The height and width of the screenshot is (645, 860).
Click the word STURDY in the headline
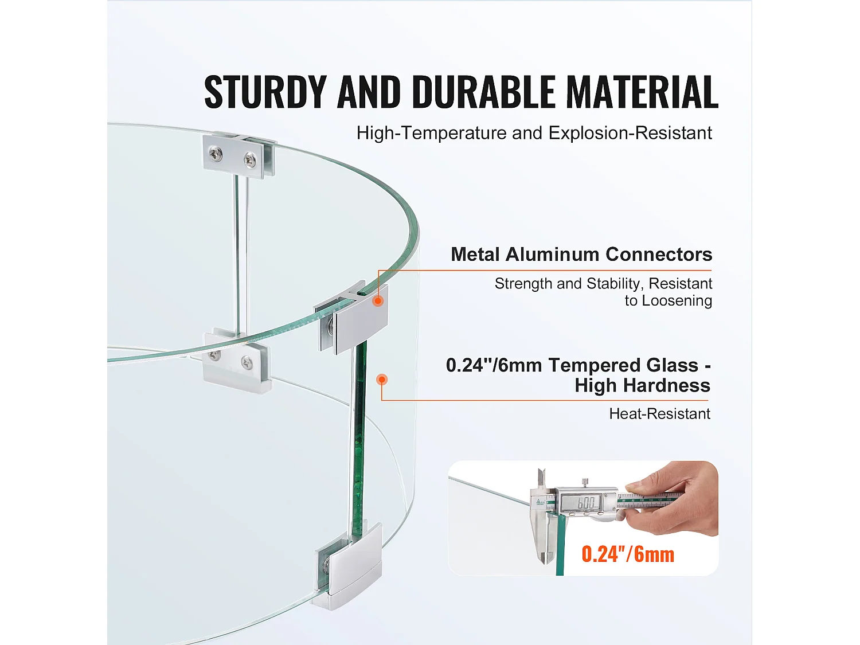265,92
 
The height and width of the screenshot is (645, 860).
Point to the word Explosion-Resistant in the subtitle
630,133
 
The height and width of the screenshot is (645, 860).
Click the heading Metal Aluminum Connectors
581,254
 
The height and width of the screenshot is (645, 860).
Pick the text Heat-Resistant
659,413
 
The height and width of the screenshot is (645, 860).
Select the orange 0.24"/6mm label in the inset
628,554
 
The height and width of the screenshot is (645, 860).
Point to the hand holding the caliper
682,499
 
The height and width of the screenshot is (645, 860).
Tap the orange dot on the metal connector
378,300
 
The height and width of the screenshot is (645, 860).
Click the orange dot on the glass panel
382,380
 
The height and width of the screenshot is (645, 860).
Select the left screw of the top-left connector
216,153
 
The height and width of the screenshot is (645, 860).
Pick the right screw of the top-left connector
250,159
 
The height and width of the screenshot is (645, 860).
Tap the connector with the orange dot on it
353,318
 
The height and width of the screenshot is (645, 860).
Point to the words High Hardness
642,385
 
